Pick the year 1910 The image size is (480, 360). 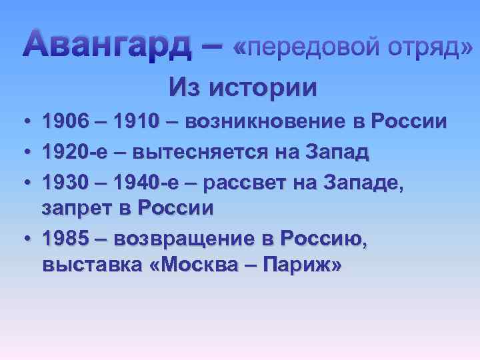[x=136, y=122]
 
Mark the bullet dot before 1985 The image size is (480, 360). [x=23, y=237]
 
